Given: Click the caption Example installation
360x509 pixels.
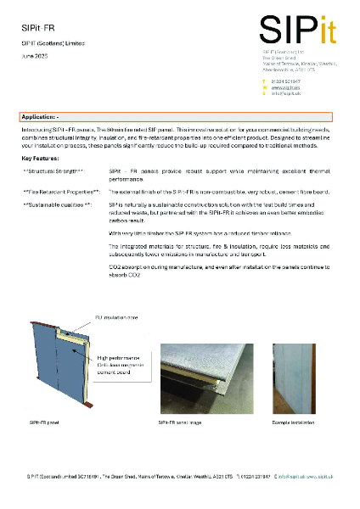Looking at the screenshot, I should (292, 422).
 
